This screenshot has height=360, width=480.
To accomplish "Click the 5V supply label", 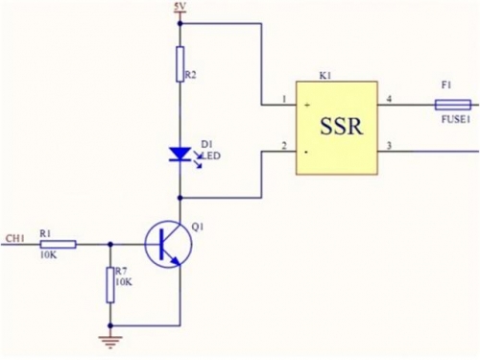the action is (180, 7).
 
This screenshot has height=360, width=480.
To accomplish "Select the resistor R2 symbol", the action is (180, 64).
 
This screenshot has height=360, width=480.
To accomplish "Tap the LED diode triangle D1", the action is (180, 154).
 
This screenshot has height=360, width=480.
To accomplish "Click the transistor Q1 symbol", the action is (168, 244).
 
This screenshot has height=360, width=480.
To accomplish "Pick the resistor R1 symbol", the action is (58, 245).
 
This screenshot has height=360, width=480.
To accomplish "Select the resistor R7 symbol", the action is (110, 285).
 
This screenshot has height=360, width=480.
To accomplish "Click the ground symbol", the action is (110, 342).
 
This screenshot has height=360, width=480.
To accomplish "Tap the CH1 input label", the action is (14, 238).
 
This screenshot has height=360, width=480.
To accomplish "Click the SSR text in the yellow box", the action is (342, 126).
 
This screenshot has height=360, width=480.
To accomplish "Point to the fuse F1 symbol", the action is (453, 105).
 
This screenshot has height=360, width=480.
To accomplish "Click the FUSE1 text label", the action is (456, 119).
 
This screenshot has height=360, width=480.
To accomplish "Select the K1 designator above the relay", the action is (325, 76).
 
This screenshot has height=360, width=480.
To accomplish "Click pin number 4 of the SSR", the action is (389, 99).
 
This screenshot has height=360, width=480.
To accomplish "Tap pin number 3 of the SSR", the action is (389, 146).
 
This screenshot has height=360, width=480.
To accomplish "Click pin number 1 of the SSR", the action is (284, 99).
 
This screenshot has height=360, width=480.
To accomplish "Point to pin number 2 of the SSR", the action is (284, 146).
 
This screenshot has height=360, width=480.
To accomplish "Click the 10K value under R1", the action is (48, 255).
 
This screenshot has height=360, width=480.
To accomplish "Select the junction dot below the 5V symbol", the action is (180, 23).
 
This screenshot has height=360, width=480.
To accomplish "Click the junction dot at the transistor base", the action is (110, 244).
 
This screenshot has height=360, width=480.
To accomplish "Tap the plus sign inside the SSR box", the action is (307, 105).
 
